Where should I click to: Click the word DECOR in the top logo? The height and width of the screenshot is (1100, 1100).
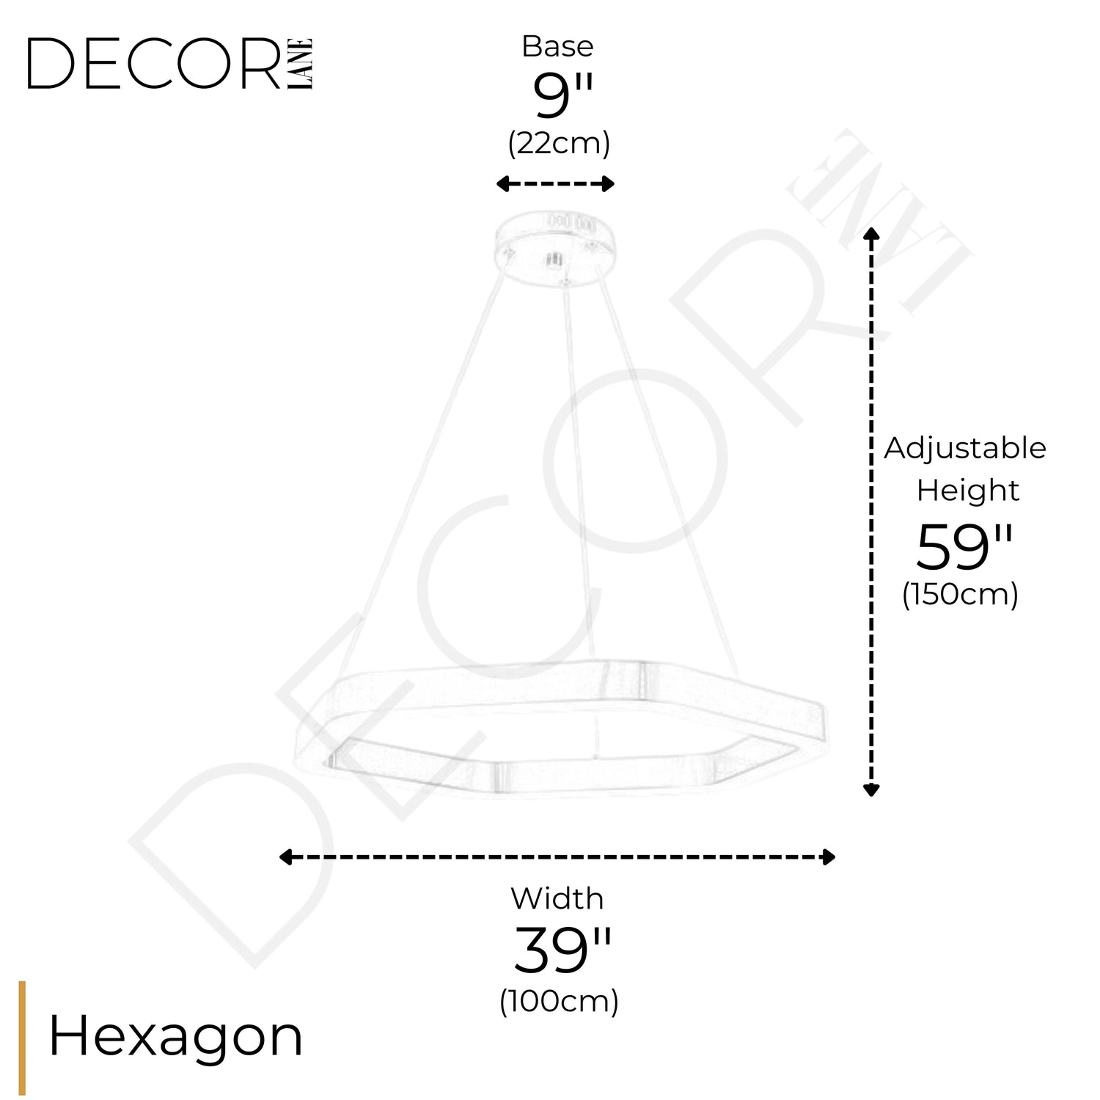point(155,64)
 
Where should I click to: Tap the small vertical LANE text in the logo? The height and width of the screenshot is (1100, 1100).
point(301,64)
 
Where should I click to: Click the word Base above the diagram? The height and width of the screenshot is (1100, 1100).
point(557,46)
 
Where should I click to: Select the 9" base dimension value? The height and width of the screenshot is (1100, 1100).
point(562,96)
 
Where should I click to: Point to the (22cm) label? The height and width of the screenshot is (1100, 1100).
point(559,143)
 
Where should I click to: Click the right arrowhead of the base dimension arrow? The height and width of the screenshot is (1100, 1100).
point(607,183)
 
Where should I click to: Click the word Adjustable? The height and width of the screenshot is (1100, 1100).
point(965,448)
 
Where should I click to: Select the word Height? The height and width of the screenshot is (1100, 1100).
point(967,490)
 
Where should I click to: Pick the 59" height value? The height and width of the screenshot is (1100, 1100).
point(964,546)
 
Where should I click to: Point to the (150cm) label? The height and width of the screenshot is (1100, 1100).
point(960,594)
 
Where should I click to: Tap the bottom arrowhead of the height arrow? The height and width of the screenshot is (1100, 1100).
point(871,789)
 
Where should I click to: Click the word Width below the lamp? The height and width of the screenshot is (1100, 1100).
point(557,898)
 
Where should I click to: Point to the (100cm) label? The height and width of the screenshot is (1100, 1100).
point(559,1001)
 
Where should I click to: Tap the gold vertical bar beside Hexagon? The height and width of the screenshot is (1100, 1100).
point(22,1038)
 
